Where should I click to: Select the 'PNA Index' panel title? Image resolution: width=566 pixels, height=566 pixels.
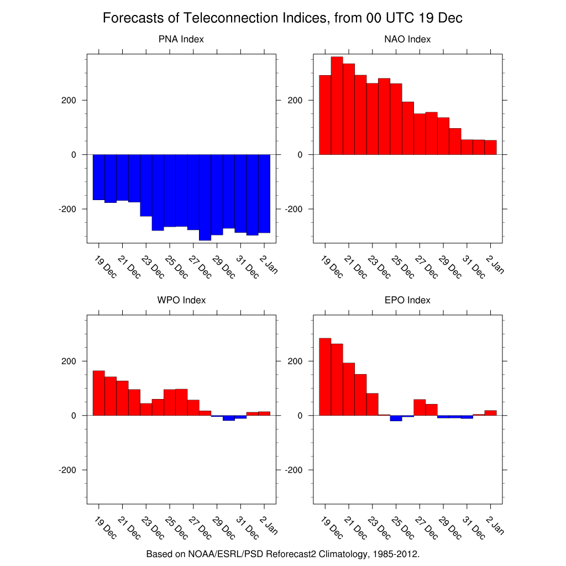tap(181, 39)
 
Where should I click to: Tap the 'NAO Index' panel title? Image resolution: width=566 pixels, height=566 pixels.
tap(407, 39)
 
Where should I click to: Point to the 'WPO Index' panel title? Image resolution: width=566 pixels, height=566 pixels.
tap(181, 300)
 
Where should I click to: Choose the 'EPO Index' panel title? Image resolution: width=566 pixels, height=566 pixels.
tap(407, 300)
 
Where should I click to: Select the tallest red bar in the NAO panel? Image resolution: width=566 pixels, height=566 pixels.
tap(337, 106)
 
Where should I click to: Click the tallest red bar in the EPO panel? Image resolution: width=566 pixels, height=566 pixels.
tap(325, 376)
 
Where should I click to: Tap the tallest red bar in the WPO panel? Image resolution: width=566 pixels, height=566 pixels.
tap(98, 393)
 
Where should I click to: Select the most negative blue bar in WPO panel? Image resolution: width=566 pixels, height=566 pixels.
tap(229, 418)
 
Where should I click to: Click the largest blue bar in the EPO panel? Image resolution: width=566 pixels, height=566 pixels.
tap(396, 418)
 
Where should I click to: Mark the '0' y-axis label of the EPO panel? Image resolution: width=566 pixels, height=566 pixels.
tap(300, 415)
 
